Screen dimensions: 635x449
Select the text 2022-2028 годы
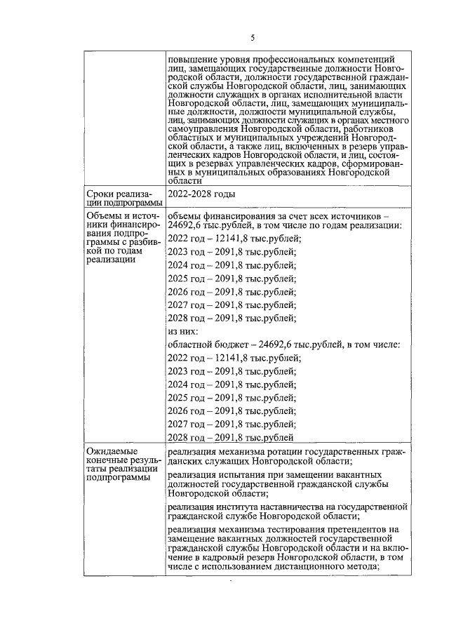click(x=202, y=194)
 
